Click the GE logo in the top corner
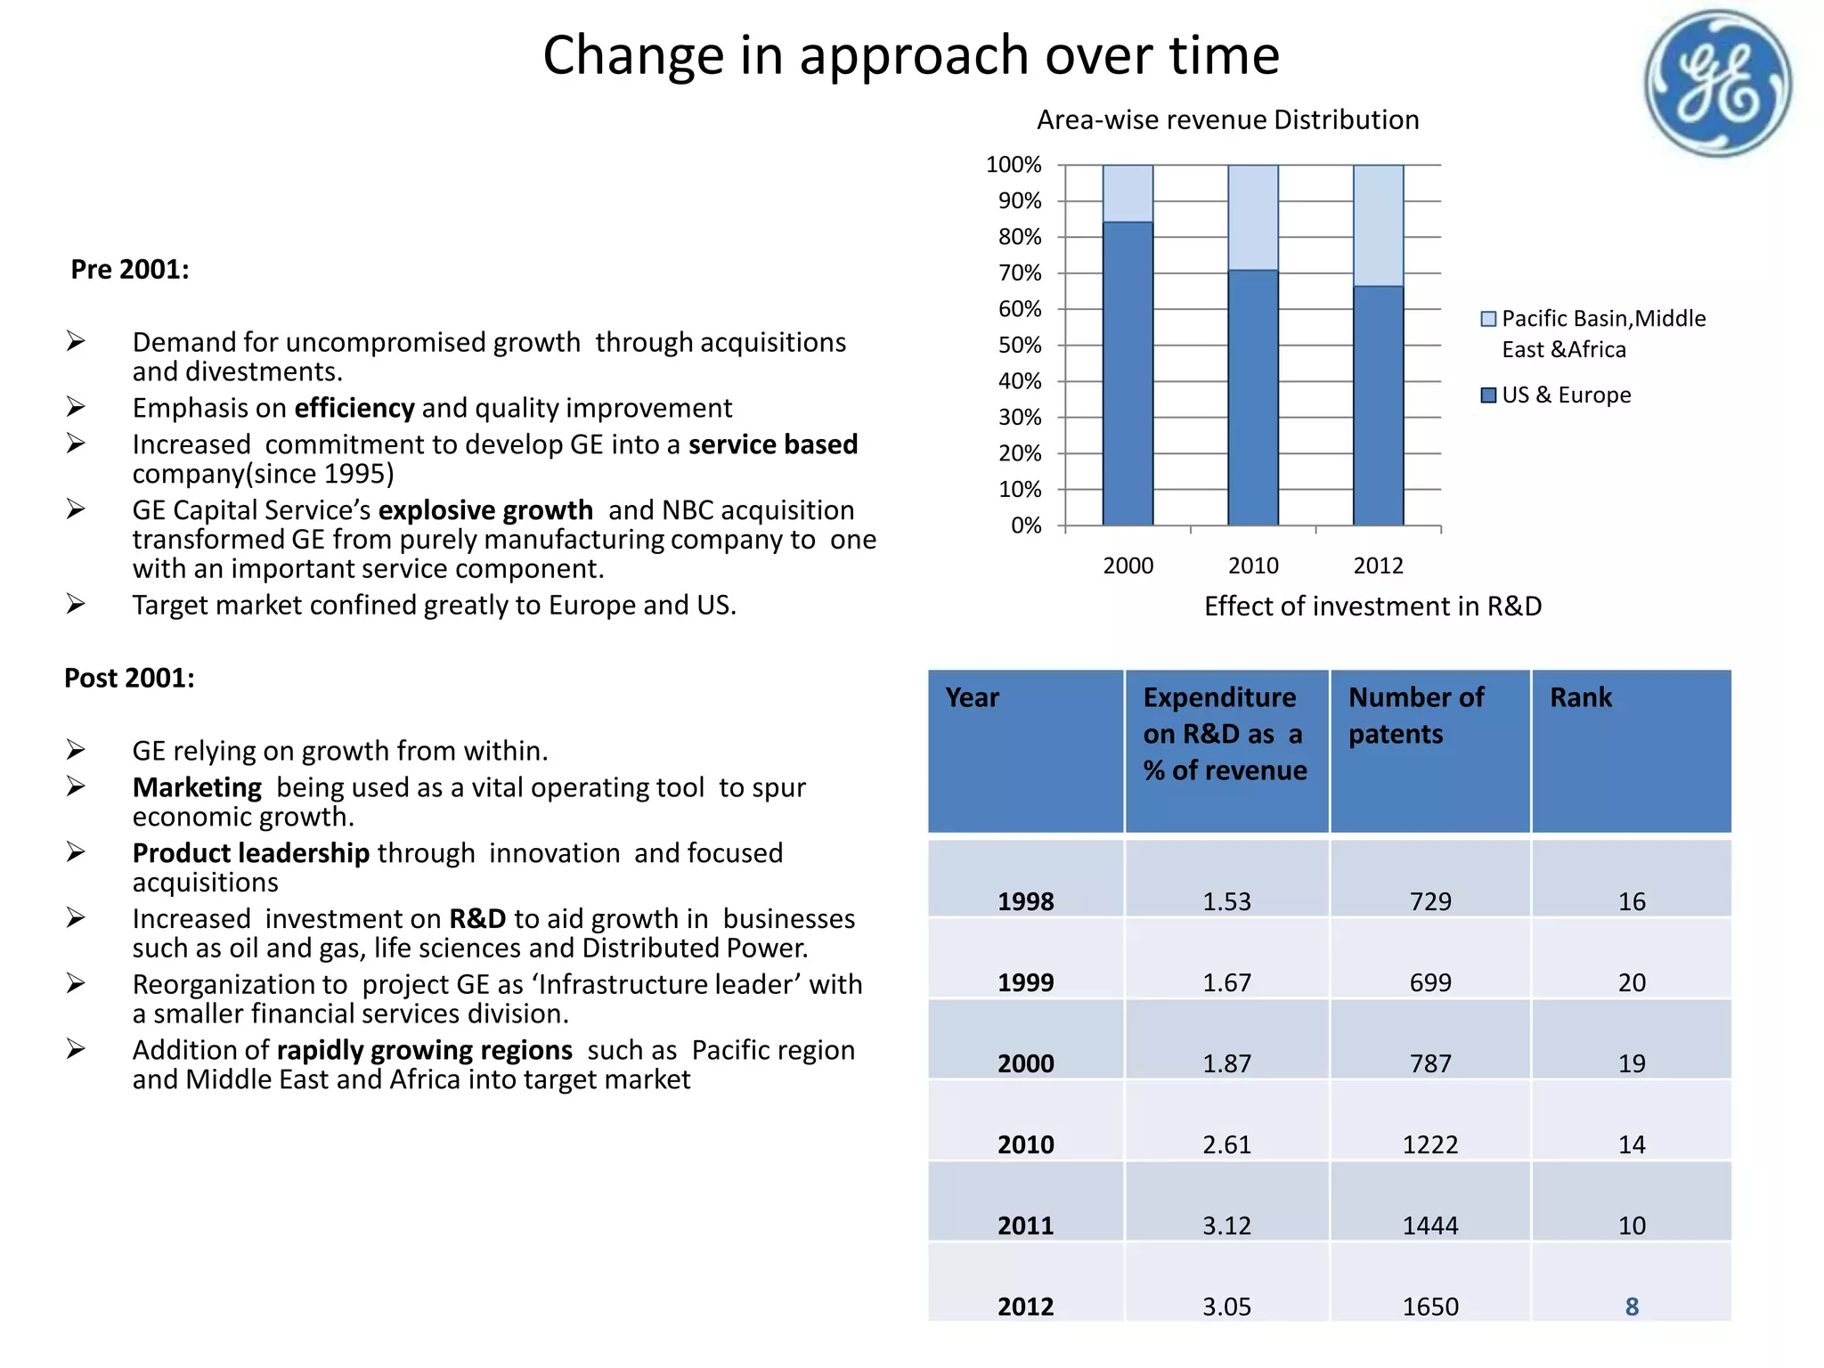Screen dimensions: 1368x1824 coord(1717,84)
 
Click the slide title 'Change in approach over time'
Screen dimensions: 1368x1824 coord(910,55)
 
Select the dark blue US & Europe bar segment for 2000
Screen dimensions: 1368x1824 coord(1128,374)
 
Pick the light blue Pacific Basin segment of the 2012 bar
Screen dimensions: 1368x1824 coord(1378,225)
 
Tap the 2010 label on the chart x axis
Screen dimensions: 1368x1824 coord(1253,566)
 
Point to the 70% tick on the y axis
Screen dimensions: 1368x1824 coord(1020,273)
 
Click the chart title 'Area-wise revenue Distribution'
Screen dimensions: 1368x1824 coord(1227,120)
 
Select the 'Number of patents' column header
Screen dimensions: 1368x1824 coord(1416,715)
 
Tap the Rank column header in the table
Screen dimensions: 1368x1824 coord(1581,697)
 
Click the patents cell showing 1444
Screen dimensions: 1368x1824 coord(1430,1225)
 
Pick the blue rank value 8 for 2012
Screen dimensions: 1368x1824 coord(1632,1307)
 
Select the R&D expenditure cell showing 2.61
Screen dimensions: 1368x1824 coord(1226,1144)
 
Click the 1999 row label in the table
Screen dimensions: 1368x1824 coord(1025,982)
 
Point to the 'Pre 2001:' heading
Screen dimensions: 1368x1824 coord(130,269)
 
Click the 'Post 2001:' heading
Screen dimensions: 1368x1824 coord(129,678)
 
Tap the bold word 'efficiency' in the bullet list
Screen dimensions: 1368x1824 coord(354,408)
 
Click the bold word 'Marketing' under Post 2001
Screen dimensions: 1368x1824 coord(197,787)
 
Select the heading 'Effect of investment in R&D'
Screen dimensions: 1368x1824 coord(1372,607)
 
